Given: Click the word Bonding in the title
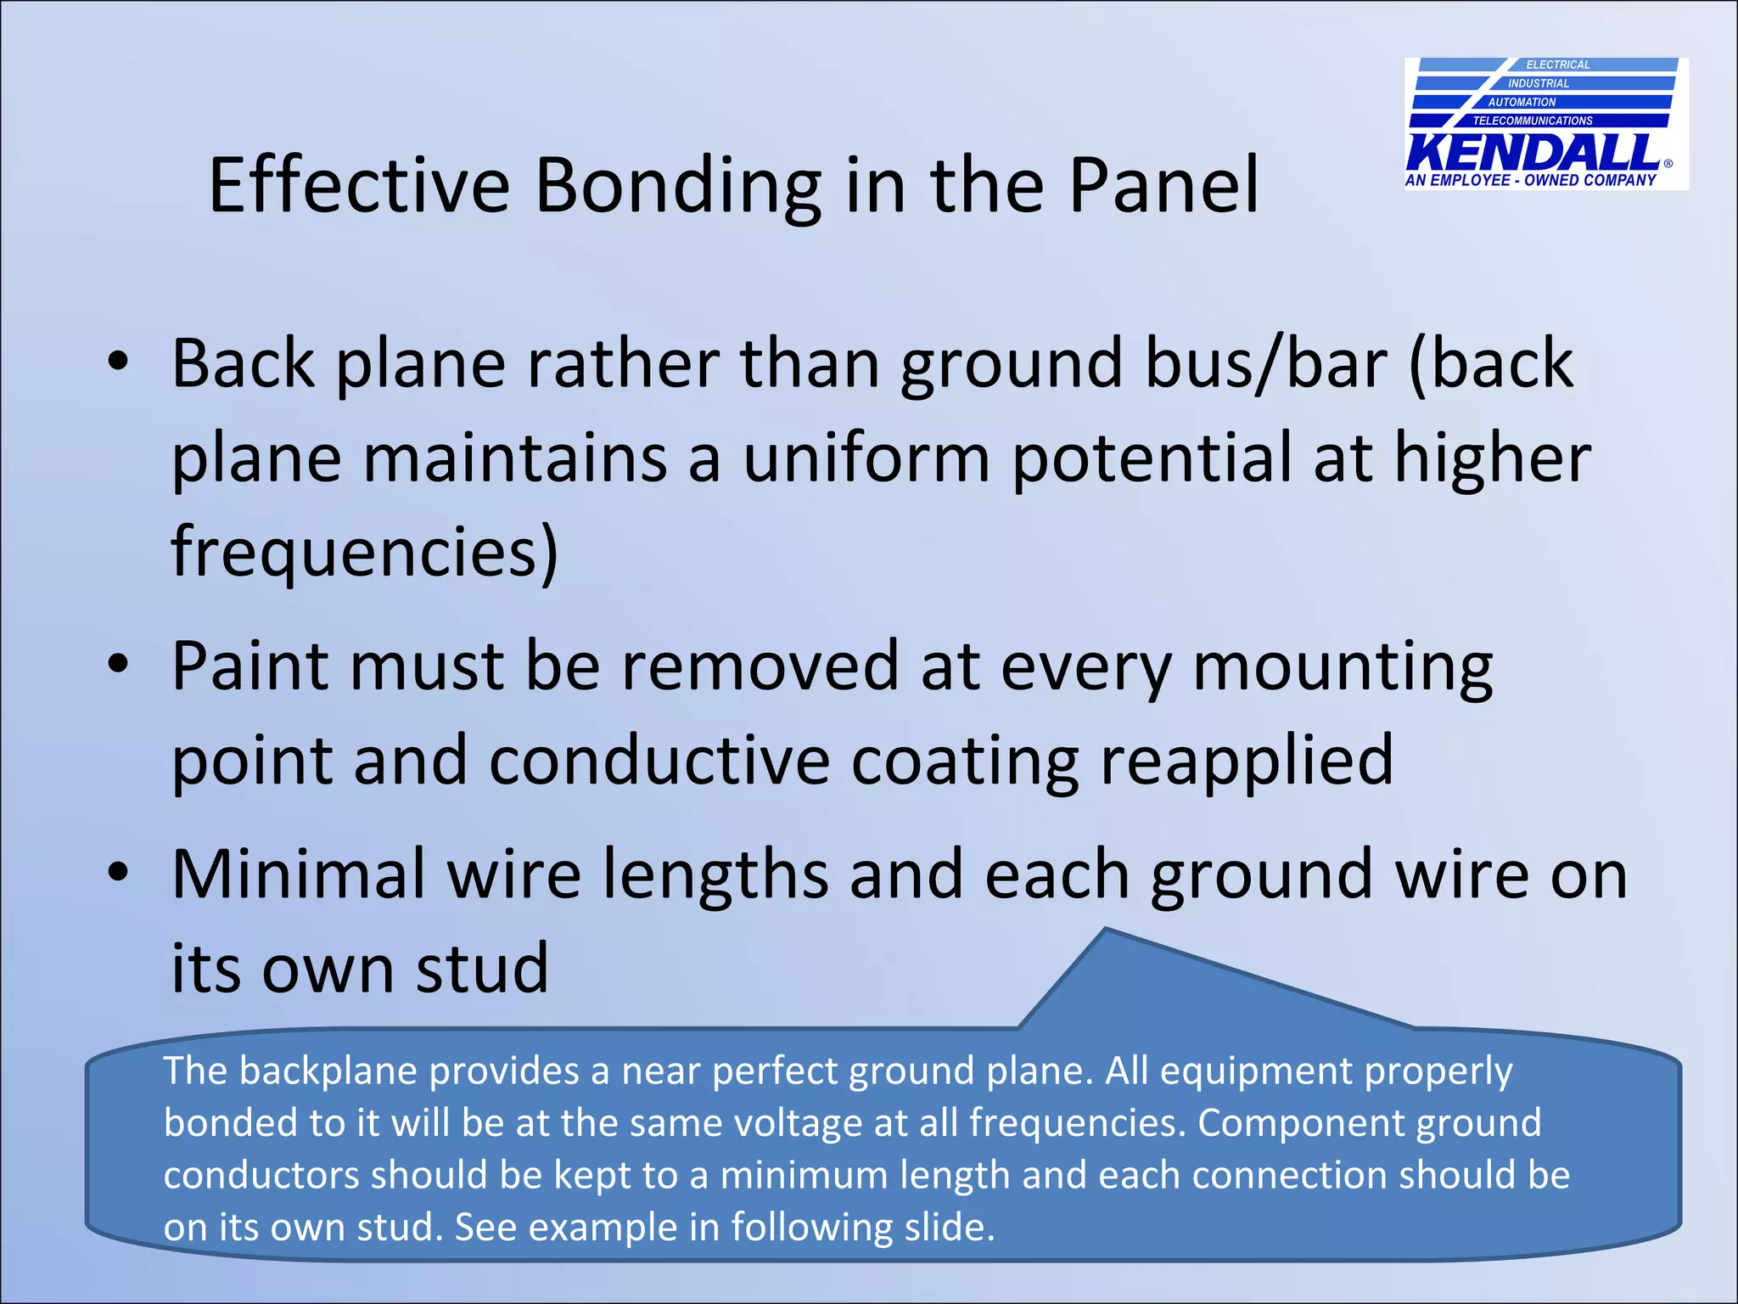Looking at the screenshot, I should pyautogui.click(x=677, y=185).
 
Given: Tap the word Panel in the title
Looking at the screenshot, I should pyautogui.click(x=1163, y=185).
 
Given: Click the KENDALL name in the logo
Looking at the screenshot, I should pyautogui.click(x=1533, y=154).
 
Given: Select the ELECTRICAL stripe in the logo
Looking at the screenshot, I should pyautogui.click(x=1557, y=65).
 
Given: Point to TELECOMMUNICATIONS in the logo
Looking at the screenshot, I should pyautogui.click(x=1533, y=121).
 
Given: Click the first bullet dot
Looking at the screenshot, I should pyautogui.click(x=118, y=363).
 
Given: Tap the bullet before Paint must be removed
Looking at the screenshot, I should pyautogui.click(x=118, y=664).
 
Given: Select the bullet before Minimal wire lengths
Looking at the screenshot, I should pyautogui.click(x=118, y=872).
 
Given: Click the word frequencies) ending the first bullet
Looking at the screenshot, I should pyautogui.click(x=365, y=552).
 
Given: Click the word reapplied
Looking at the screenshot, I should pyautogui.click(x=1247, y=760).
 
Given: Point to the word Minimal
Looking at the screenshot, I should pyautogui.click(x=298, y=874).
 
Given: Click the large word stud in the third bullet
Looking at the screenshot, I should pyautogui.click(x=481, y=968).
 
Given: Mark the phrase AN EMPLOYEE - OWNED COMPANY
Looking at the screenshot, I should pyautogui.click(x=1530, y=180).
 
